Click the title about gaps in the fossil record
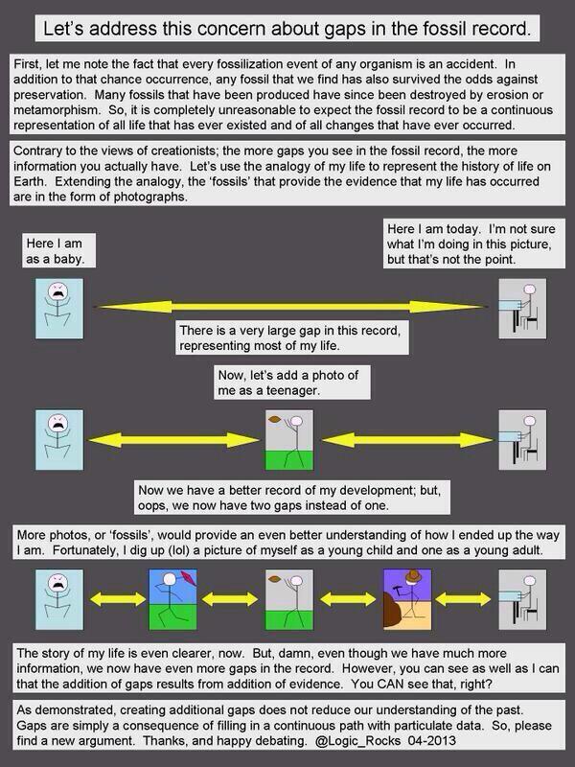(x=287, y=28)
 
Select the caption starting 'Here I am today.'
(x=465, y=244)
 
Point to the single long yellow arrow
(x=287, y=305)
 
